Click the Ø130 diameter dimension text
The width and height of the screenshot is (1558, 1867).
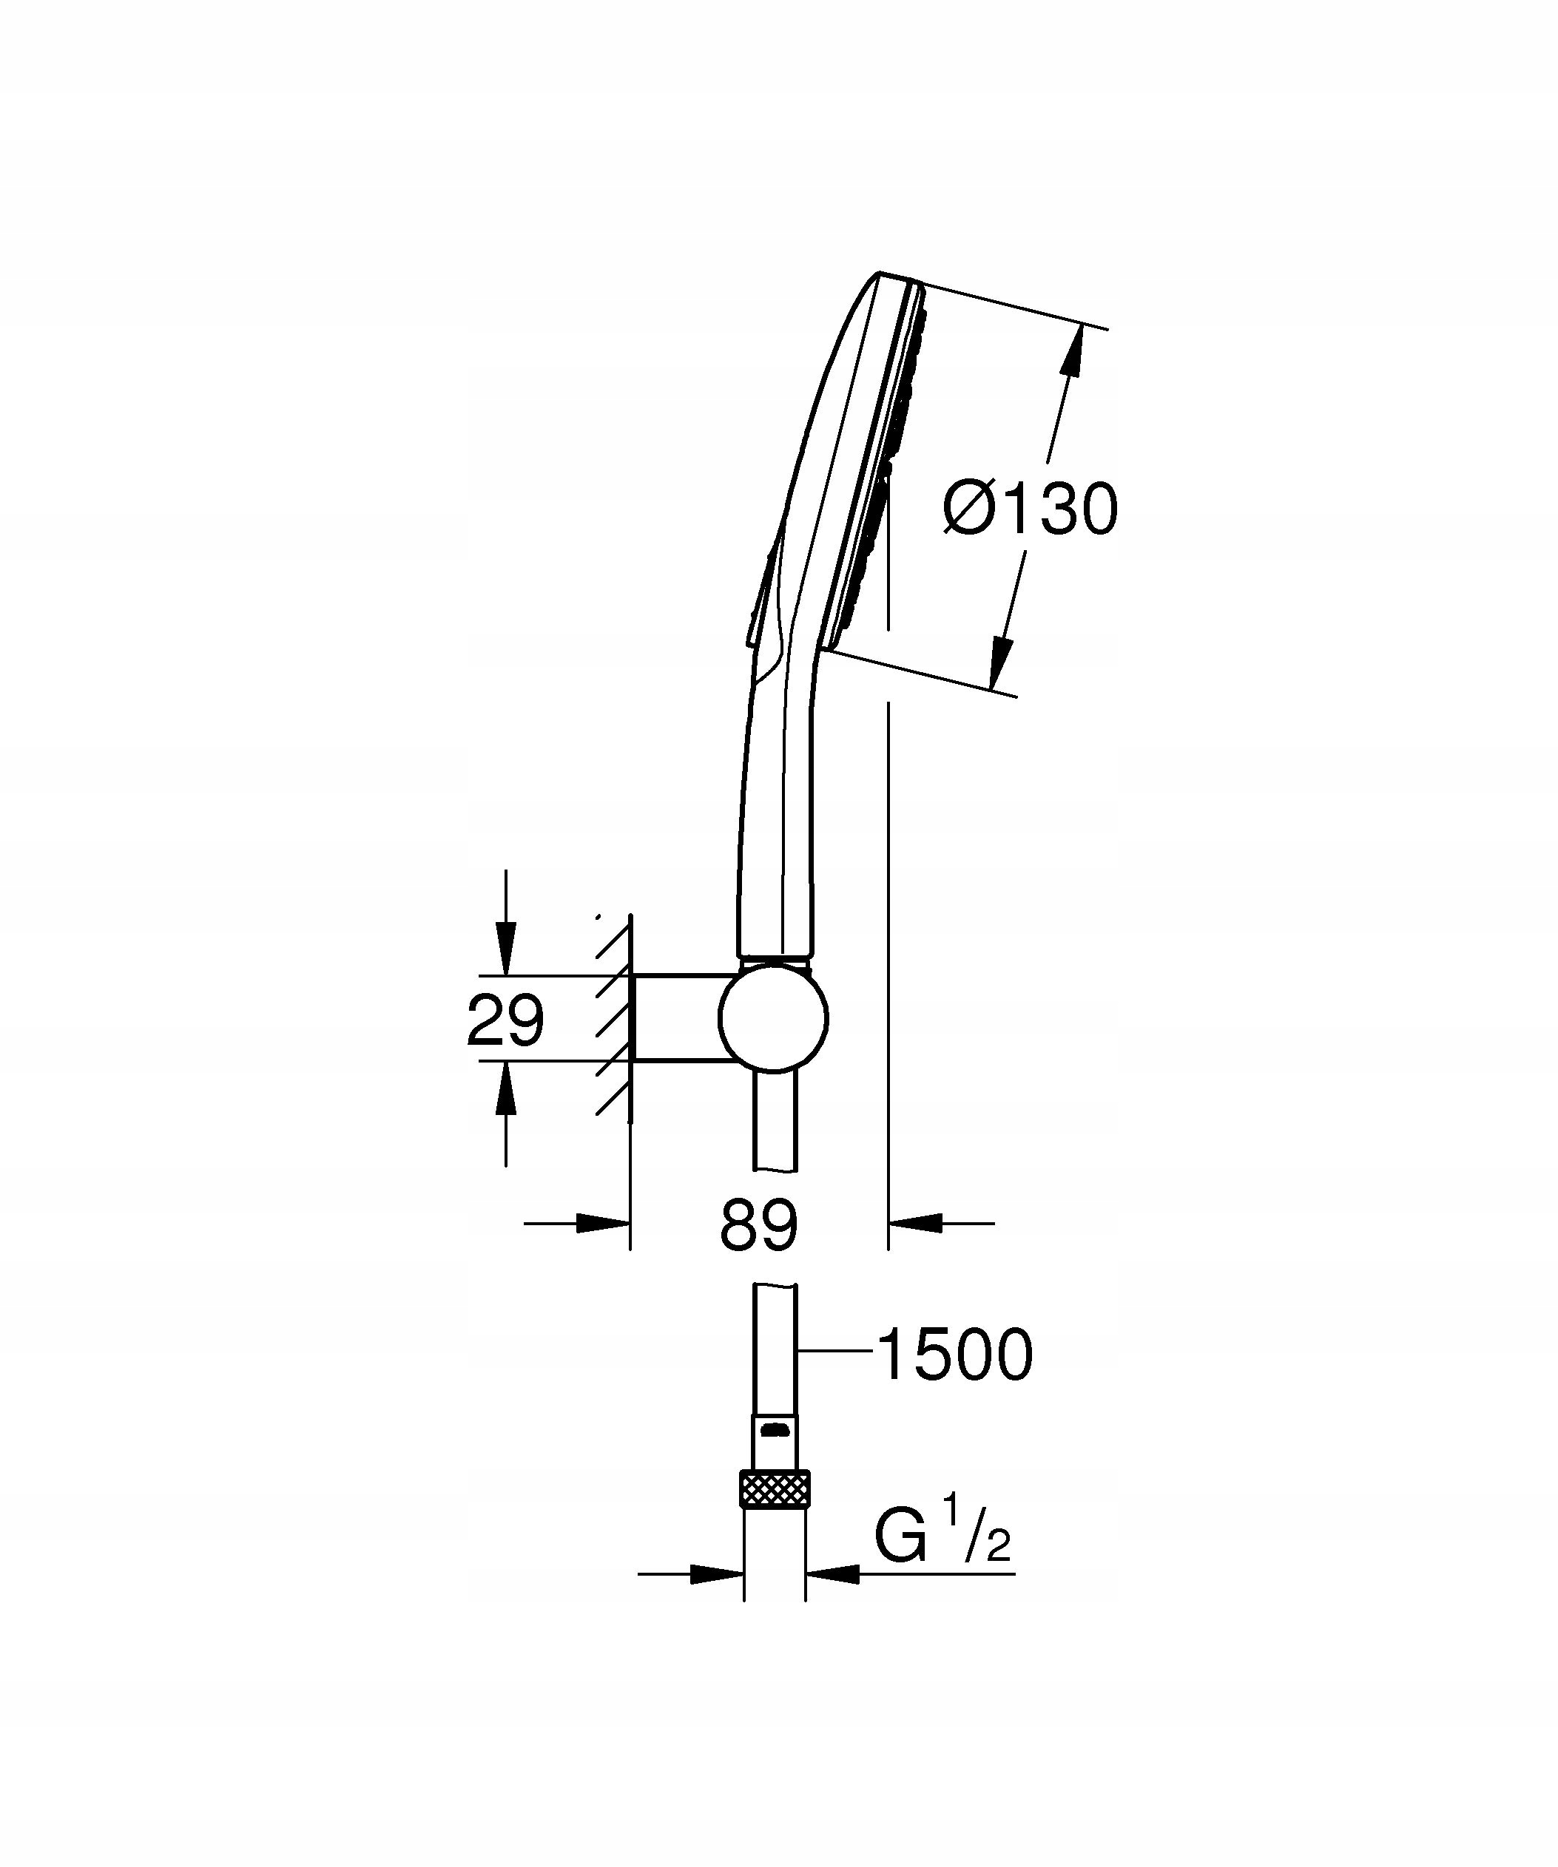pos(1030,509)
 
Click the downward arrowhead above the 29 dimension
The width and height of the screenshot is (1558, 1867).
pos(505,949)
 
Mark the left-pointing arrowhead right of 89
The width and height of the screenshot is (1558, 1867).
pos(916,1223)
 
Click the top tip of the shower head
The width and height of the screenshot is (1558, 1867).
pos(880,273)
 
